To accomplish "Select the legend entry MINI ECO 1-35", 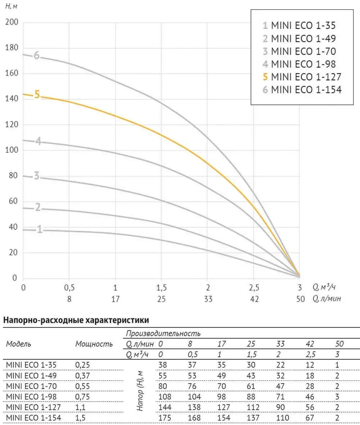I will tap(300, 26).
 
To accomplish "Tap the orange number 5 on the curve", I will tap(37, 95).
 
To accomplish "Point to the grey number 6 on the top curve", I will tap(36, 55).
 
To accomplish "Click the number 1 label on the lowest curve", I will tap(40, 229).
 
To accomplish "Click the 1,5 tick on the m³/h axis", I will tap(162, 287).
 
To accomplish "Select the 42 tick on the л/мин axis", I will tap(254, 299).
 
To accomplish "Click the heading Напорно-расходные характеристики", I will tap(76, 319).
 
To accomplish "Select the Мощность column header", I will tap(94, 344).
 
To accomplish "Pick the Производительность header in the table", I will tap(163, 334).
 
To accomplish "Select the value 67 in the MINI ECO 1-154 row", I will tap(310, 418).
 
